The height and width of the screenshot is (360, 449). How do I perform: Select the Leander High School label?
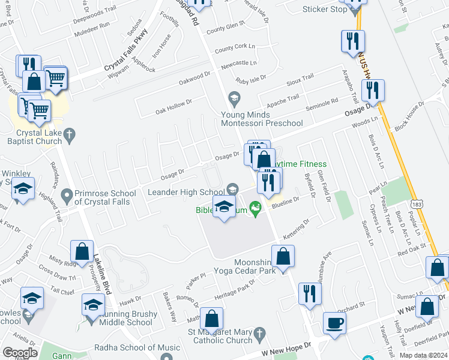click(x=186, y=192)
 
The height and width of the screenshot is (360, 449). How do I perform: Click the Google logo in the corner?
click(x=20, y=353)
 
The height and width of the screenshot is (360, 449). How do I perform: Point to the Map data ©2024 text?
click(x=424, y=355)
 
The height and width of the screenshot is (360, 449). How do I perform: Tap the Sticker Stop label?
click(x=325, y=9)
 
